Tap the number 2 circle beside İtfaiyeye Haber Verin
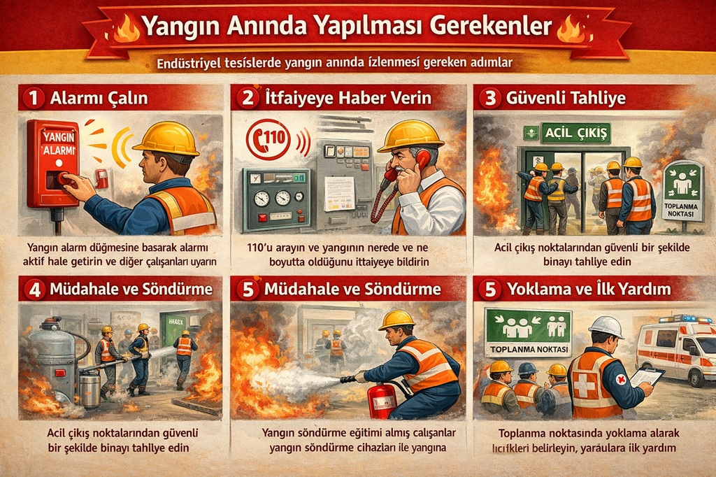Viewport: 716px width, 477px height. pos(247,98)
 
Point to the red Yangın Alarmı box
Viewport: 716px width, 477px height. pos(52,162)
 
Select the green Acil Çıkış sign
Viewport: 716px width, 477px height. pos(557,132)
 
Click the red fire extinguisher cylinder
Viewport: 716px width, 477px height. pos(382,399)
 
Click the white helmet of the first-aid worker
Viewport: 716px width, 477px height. pos(606,327)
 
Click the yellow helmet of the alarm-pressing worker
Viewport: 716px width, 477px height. pos(167,138)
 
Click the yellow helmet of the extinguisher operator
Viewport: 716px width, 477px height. pos(396,319)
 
